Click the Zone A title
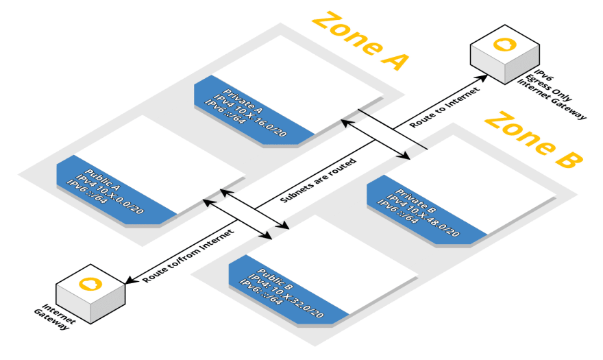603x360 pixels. pyautogui.click(x=360, y=41)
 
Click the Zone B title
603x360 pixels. pyautogui.click(x=534, y=140)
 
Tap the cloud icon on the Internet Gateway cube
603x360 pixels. pyautogui.click(x=90, y=284)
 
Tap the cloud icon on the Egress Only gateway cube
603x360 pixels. pyautogui.click(x=504, y=45)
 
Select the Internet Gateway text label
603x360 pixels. pyautogui.click(x=55, y=317)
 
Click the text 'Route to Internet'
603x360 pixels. pyautogui.click(x=445, y=108)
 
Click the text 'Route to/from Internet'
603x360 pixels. pyautogui.click(x=188, y=256)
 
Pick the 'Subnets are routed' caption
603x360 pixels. pyautogui.click(x=319, y=180)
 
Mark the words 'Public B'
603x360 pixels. pyautogui.click(x=275, y=279)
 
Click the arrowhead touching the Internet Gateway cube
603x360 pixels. pyautogui.click(x=132, y=280)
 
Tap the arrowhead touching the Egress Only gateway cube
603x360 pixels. pyautogui.click(x=481, y=77)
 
